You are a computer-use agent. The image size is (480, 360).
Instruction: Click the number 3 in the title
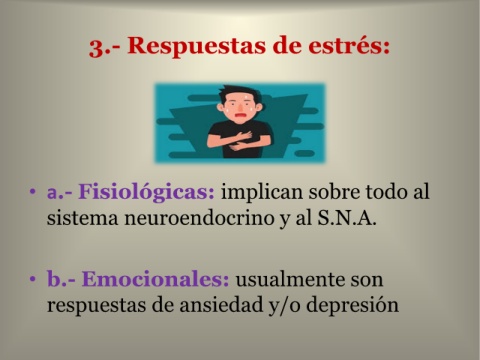point(96,47)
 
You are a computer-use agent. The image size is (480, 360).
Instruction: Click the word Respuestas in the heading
point(197,45)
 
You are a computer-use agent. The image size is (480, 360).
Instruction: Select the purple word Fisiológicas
point(146,193)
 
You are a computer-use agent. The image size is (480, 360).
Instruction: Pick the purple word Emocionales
point(155,279)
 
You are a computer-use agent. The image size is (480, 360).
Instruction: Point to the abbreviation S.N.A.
point(347,218)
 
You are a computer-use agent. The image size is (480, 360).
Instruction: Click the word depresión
point(352,305)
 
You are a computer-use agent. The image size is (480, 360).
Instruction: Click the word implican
point(261,193)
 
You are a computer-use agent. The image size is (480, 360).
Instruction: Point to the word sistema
point(82,219)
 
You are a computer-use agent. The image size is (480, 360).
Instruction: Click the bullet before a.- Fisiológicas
point(32,192)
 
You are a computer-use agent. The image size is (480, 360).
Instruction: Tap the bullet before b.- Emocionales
point(32,279)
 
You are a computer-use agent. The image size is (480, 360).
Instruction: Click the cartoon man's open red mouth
point(240,116)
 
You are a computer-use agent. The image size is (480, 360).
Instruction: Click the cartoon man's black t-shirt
point(239,139)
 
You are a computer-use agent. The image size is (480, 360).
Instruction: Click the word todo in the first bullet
point(387,192)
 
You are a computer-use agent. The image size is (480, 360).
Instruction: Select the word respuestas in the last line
point(96,306)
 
